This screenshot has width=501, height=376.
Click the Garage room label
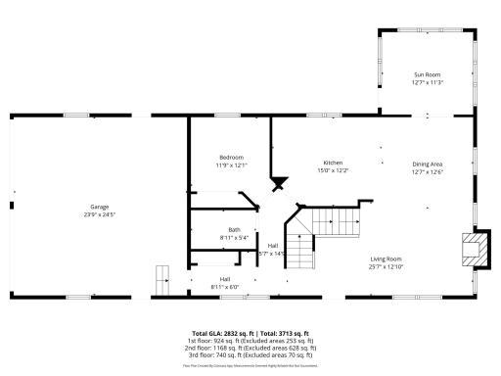[x=100, y=207]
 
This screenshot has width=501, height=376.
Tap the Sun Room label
[x=428, y=74]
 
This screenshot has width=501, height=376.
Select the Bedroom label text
[x=231, y=157]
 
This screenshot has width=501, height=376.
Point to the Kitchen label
[x=334, y=163]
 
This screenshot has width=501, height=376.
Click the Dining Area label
[x=428, y=164]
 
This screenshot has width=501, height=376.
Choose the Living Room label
[x=386, y=258]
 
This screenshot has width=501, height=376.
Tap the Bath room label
[x=207, y=229]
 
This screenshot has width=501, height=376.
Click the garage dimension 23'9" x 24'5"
[x=100, y=214]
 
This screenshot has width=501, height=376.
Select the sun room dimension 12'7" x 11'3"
[x=428, y=82]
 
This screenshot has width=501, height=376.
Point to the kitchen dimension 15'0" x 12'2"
[x=334, y=170]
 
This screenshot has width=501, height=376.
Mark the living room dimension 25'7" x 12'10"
[x=386, y=266]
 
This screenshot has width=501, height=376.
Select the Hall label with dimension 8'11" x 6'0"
[x=224, y=283]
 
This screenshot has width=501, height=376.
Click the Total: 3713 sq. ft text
[x=283, y=333]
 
